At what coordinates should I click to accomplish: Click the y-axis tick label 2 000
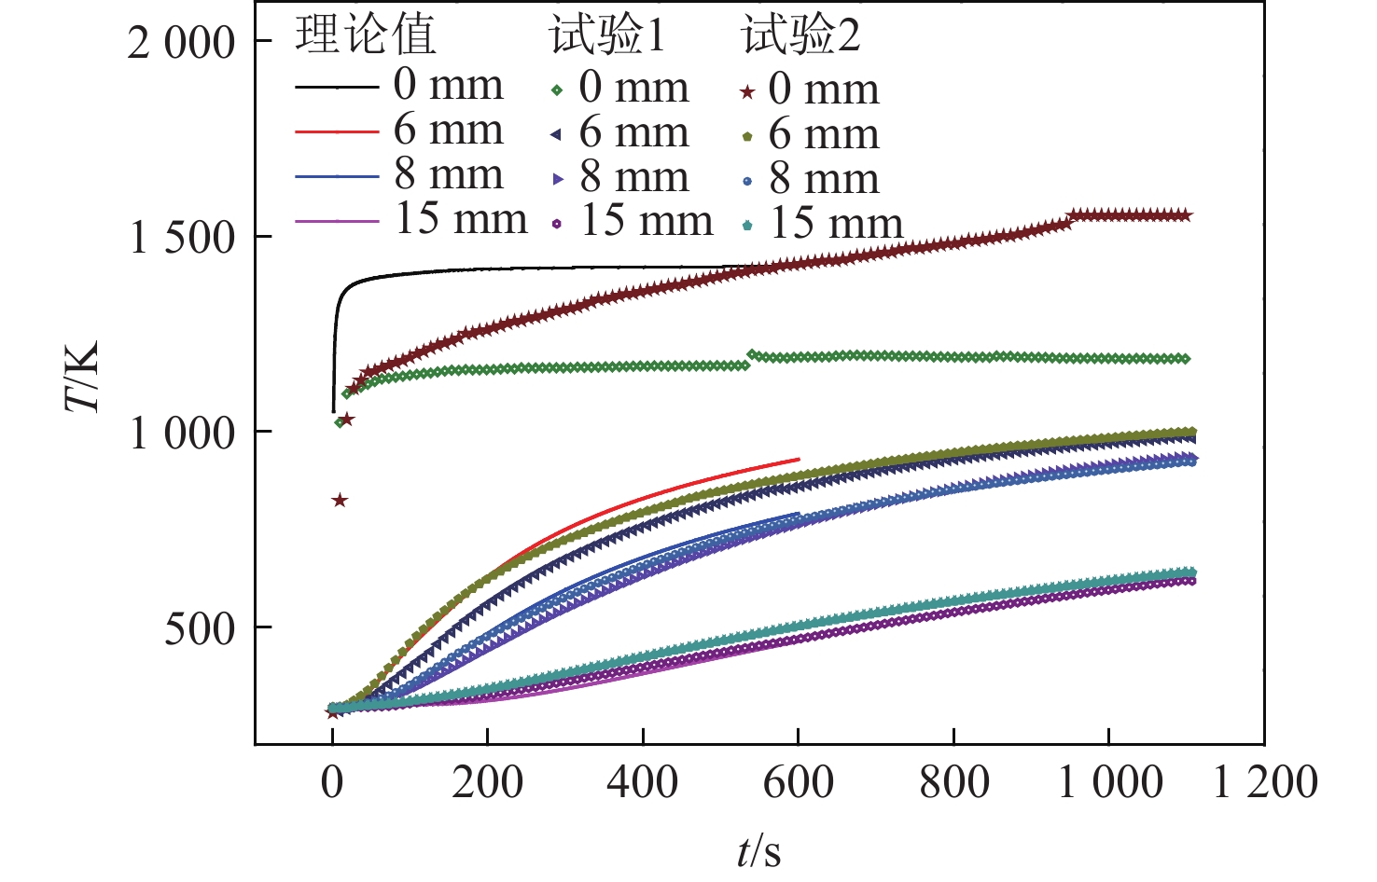point(182,43)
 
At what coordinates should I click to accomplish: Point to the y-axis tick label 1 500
point(182,238)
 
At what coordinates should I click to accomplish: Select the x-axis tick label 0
point(333,781)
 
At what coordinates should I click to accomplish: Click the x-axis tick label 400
point(643,781)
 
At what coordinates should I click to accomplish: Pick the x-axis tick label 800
point(953,781)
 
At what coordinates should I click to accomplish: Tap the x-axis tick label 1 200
point(1264,781)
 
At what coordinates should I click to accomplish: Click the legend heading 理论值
point(366,35)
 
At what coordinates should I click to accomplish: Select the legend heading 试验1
point(607,35)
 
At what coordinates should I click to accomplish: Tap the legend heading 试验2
point(800,35)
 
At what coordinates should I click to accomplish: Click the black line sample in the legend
point(337,87)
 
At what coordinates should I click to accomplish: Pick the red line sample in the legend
point(337,132)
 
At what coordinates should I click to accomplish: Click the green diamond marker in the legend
point(557,90)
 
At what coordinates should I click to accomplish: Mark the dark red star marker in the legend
point(747,91)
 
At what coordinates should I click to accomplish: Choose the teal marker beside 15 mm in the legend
point(747,226)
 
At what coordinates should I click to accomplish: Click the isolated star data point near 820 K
point(340,501)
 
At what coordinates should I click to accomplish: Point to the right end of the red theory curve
point(799,459)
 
